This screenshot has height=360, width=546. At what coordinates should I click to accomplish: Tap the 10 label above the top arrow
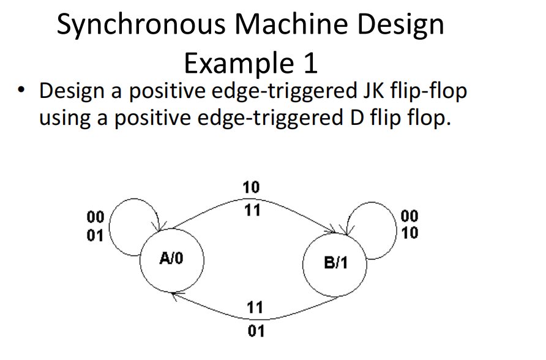click(x=252, y=187)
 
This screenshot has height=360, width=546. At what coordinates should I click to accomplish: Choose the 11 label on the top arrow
click(x=252, y=211)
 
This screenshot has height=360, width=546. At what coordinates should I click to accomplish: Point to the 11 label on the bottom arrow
click(x=256, y=307)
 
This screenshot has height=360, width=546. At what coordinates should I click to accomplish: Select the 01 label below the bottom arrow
click(x=256, y=332)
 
